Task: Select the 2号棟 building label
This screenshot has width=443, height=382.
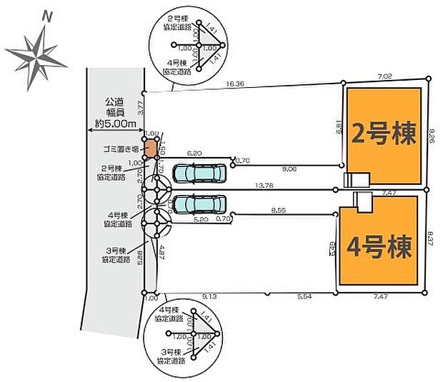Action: pyautogui.click(x=384, y=134)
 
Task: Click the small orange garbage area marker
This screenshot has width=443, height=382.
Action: pyautogui.click(x=151, y=149)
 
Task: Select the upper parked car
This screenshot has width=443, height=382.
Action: pyautogui.click(x=200, y=173)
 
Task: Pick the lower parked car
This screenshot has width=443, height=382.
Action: pyautogui.click(x=199, y=204)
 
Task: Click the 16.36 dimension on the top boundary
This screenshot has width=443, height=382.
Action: pyautogui.click(x=235, y=84)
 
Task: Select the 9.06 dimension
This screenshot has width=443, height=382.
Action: pyautogui.click(x=289, y=169)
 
